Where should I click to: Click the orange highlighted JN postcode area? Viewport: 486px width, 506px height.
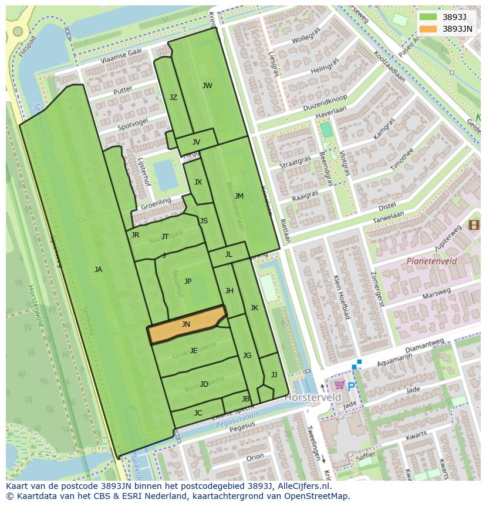point(186,325)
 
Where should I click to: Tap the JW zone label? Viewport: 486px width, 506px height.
point(207,86)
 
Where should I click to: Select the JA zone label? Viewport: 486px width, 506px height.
point(98,270)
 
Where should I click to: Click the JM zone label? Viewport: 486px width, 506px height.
point(239,196)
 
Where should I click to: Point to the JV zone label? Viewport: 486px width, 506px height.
point(196,142)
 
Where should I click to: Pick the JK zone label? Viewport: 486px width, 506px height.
point(254,308)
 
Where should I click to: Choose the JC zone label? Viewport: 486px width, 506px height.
point(198,413)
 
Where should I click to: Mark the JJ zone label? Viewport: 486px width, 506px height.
point(274,375)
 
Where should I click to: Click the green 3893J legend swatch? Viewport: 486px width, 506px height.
point(428,17)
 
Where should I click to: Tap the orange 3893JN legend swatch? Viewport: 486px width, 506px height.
point(428,29)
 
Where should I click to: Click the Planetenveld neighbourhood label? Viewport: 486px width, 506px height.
point(431,260)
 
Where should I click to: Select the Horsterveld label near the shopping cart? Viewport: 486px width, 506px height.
point(305,398)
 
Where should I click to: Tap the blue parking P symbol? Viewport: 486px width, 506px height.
point(351,386)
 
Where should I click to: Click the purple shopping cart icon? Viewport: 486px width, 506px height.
point(339,385)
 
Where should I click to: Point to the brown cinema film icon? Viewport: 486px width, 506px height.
point(474,224)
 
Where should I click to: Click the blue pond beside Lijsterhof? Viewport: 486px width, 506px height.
point(166,175)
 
